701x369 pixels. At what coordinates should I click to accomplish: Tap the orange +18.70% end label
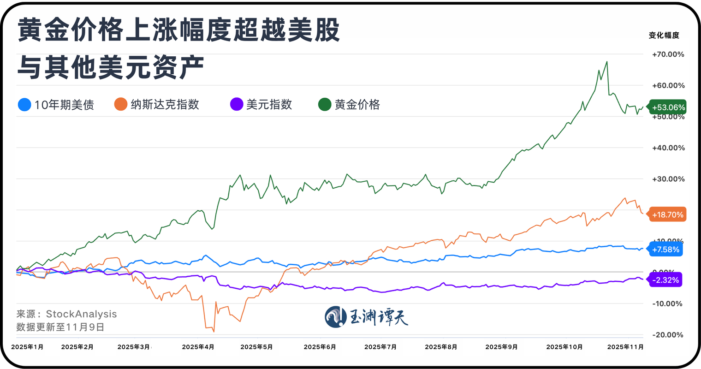668,214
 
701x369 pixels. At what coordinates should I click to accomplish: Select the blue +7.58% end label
666,250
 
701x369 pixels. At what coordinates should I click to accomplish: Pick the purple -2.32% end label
665,280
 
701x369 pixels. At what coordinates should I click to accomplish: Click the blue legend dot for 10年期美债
24,105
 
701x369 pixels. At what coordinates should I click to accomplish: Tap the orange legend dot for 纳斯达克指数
120,105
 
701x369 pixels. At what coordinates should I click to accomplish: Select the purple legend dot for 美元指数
237,105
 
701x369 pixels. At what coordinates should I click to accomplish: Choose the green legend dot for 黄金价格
325,105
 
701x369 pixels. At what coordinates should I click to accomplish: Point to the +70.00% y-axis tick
668,54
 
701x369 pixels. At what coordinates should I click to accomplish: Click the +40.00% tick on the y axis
668,148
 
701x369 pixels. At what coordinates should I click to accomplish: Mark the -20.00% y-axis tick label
668,335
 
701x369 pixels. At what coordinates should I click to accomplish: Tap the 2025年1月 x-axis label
27,347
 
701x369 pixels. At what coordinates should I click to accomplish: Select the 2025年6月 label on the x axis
320,347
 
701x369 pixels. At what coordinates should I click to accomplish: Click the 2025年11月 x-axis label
625,347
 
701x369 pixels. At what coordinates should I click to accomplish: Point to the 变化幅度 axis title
664,36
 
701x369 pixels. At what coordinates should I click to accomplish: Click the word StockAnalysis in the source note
81,314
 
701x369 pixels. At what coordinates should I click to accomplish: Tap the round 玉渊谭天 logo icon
335,317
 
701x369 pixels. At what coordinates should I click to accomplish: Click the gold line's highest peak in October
606,62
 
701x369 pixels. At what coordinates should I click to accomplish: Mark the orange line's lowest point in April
214,331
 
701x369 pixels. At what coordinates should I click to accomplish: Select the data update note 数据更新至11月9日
60,327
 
